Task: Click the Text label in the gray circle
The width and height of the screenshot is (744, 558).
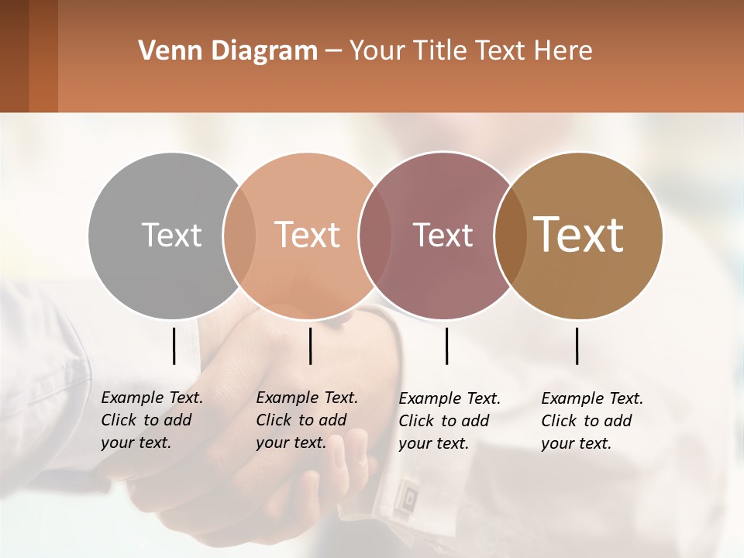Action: click(171, 235)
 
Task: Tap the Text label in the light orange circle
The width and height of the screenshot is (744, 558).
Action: click(307, 235)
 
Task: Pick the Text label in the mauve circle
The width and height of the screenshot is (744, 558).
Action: click(443, 235)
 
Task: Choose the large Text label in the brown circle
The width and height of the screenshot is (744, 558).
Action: click(579, 235)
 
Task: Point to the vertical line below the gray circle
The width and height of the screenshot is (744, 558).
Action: click(174, 346)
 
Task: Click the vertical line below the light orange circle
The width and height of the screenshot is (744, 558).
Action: click(310, 346)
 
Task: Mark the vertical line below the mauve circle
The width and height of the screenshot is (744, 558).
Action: click(446, 346)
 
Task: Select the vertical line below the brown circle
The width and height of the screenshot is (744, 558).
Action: click(577, 346)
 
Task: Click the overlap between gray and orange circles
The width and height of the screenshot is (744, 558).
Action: click(239, 235)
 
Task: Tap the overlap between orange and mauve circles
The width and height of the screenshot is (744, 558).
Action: click(374, 235)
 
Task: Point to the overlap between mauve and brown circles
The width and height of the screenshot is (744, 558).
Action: click(508, 235)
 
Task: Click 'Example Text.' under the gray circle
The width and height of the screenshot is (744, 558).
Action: click(152, 398)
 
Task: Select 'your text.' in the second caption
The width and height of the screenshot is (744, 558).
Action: click(291, 443)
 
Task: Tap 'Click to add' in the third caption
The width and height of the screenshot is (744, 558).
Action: click(444, 421)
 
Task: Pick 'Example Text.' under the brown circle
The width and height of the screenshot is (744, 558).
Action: click(592, 398)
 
